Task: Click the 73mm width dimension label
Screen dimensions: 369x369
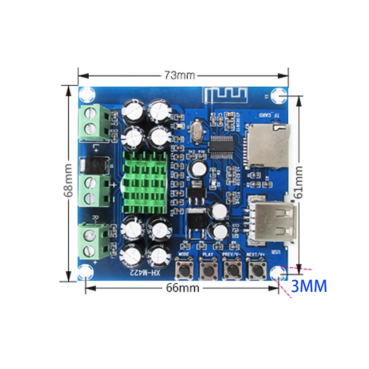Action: click(179, 75)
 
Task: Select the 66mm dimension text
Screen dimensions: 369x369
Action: click(182, 288)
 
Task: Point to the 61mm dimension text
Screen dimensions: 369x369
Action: click(299, 182)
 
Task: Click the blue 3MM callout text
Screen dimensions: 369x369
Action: click(309, 286)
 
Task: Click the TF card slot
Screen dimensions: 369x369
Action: click(268, 145)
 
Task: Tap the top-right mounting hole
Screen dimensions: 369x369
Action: click(277, 95)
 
